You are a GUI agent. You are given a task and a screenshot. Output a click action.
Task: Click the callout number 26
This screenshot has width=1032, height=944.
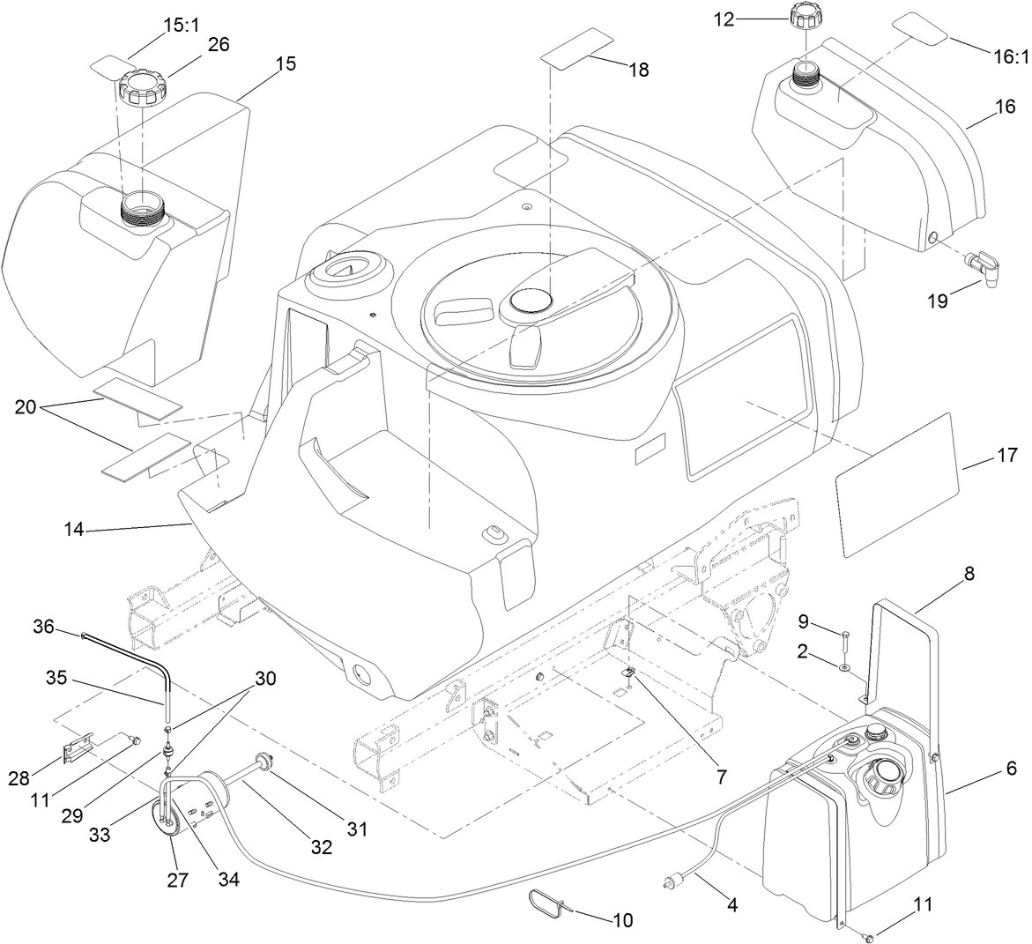point(218,44)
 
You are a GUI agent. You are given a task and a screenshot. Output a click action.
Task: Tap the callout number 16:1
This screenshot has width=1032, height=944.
point(1011,56)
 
